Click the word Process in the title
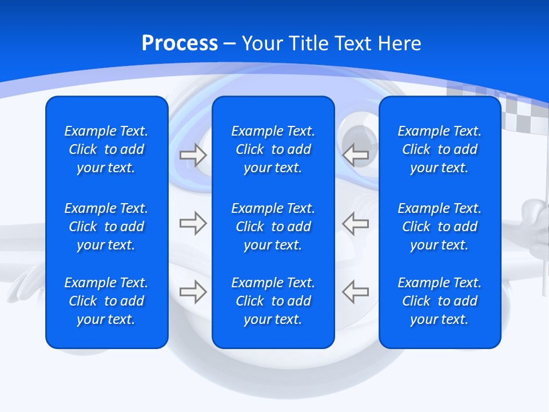[180, 43]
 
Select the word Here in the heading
[399, 43]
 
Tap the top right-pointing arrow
[193, 155]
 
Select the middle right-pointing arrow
[193, 223]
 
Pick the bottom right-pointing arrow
[193, 292]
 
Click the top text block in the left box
[106, 149]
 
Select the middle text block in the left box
[106, 227]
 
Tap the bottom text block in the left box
[106, 301]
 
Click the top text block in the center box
[273, 149]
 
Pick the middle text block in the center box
[273, 227]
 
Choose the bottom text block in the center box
[273, 301]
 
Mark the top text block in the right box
[439, 149]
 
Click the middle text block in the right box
[439, 227]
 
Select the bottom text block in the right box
[439, 301]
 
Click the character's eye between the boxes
[357, 134]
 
